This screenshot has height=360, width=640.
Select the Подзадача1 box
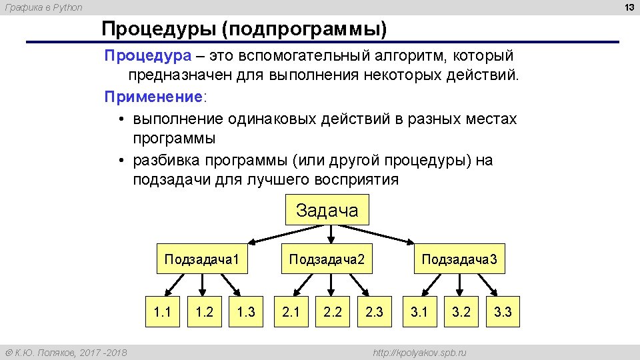pos(201,259)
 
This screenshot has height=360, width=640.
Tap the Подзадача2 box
pos(327,259)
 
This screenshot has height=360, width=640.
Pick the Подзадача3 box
pos(459,259)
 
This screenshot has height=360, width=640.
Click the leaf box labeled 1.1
pos(163,311)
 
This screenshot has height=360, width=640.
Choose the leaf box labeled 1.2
pos(205,311)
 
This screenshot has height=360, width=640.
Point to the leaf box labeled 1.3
pos(246,311)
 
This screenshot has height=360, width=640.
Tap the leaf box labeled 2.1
pos(291,311)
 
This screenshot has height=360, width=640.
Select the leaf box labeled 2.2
pos(333,311)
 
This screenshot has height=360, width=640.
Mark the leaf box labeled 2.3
pos(375,311)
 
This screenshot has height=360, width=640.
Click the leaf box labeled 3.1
pos(419,311)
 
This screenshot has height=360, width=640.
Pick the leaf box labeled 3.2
pos(461,311)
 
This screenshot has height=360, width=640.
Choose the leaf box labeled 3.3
pos(503,311)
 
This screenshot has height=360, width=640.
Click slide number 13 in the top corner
pos(628,7)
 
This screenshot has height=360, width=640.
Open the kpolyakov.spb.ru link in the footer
pos(419,352)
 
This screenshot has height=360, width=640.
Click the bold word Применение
pos(153,97)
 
